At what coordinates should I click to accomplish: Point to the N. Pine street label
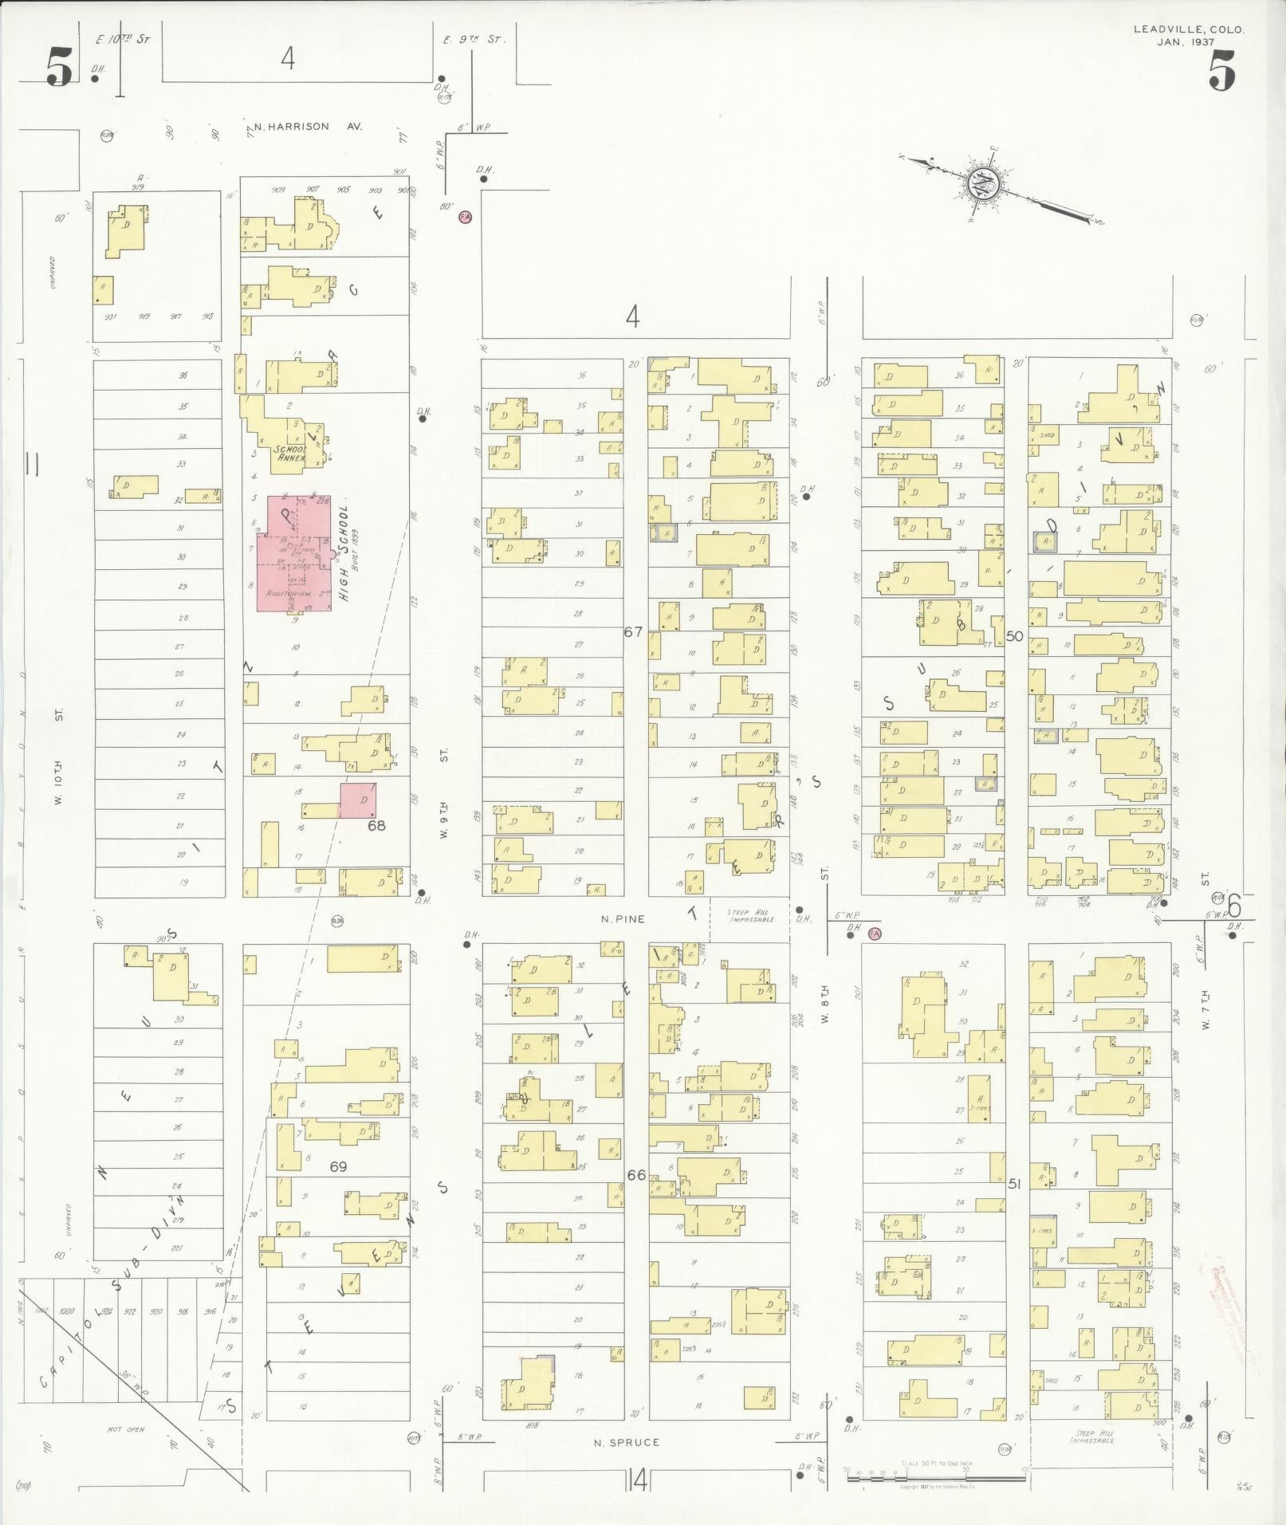623,918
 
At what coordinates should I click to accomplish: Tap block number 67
633,631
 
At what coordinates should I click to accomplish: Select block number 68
376,825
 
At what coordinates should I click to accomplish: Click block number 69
338,1166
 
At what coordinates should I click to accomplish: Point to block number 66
636,1175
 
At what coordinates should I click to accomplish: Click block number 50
1014,635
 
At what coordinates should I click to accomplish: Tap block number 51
1014,1184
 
